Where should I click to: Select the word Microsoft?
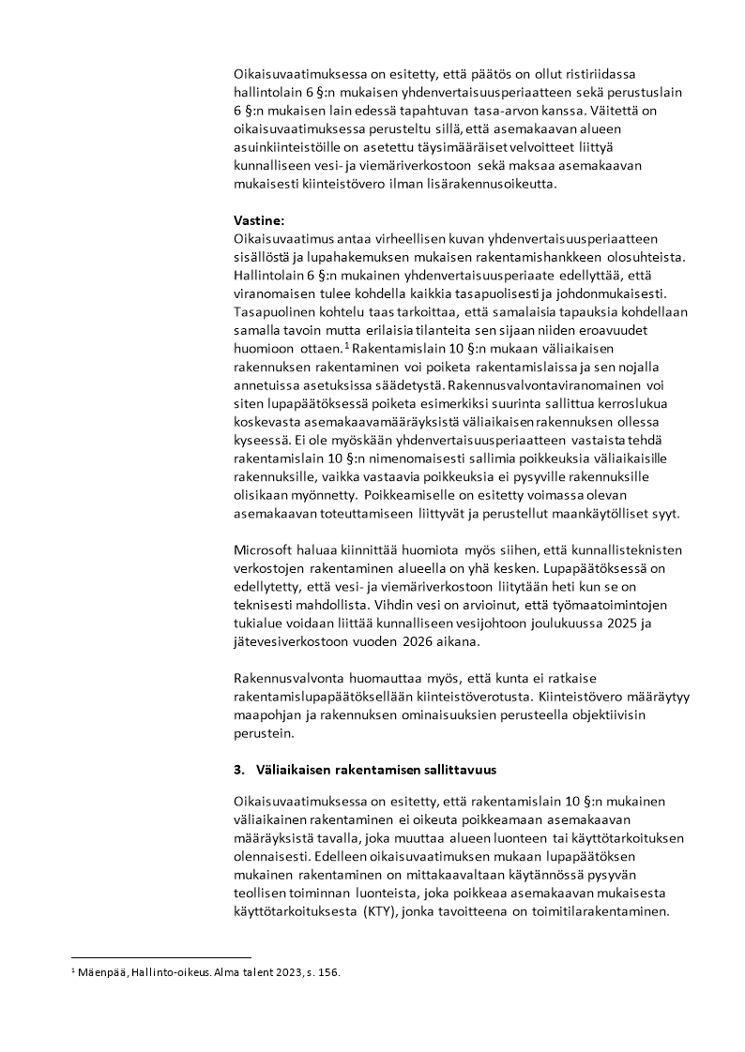267,551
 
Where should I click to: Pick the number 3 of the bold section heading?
237,770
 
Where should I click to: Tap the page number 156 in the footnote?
327,973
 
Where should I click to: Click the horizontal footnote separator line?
160,957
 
